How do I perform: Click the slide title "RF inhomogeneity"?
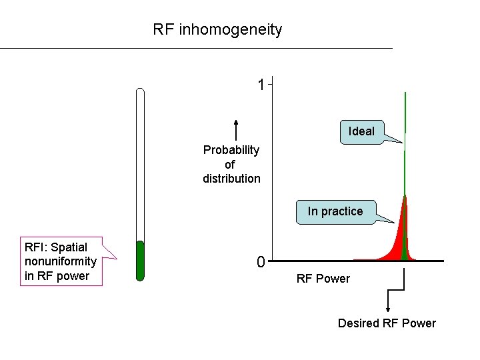point(217,30)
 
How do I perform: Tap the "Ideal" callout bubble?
point(362,132)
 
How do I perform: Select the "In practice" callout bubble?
point(336,212)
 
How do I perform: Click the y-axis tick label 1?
point(261,85)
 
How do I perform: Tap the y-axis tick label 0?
point(261,262)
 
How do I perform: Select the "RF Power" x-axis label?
point(323,279)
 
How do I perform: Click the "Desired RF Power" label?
point(387,323)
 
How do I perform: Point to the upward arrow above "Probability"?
point(236,130)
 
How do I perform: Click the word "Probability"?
point(231,150)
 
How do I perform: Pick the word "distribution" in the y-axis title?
point(231,179)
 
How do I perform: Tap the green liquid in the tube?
point(140,261)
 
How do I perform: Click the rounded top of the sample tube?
point(140,90)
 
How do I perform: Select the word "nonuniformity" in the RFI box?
point(61,261)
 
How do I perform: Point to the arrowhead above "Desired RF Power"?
point(388,309)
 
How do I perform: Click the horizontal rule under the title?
point(196,48)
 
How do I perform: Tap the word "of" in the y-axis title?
point(229,165)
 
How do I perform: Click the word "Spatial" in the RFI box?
point(69,247)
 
